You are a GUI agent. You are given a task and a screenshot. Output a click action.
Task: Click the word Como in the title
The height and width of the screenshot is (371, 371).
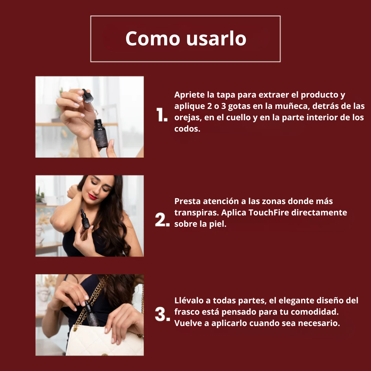[153, 38]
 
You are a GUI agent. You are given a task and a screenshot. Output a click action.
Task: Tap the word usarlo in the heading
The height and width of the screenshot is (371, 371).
[216, 38]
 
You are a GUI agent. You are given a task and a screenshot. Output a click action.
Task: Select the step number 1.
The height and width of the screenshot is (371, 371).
[162, 115]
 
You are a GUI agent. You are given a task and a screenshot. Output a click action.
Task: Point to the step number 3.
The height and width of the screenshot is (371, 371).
[162, 314]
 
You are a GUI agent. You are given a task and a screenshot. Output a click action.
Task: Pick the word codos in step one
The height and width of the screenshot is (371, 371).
[187, 129]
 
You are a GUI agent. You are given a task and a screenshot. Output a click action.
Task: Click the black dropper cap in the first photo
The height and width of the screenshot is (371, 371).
[87, 95]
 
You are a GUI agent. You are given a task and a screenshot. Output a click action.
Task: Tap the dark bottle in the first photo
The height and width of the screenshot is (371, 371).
[100, 133]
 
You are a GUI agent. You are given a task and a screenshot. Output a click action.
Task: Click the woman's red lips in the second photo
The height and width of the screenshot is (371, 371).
[93, 196]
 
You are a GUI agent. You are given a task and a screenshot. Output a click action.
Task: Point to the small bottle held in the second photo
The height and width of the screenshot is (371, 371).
[85, 219]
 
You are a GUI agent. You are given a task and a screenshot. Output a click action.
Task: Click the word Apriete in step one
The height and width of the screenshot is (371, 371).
[190, 95]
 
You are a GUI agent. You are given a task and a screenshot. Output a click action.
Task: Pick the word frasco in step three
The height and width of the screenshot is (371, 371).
[186, 312]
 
